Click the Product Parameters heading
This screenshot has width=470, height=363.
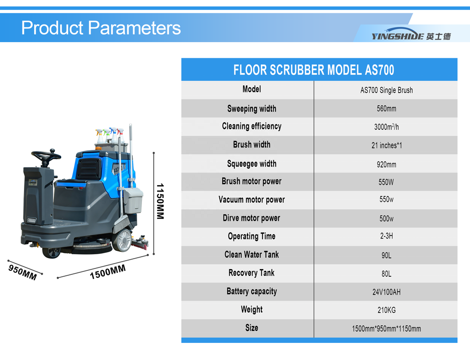point(101,28)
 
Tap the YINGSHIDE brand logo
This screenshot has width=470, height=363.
point(411,34)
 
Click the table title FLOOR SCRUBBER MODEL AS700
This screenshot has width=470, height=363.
point(313,70)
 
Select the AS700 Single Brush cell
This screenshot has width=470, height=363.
point(386,90)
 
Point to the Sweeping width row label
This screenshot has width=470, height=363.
point(252,109)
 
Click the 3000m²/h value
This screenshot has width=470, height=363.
point(386,127)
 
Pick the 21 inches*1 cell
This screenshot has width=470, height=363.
point(387,145)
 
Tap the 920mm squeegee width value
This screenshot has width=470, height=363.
point(386,165)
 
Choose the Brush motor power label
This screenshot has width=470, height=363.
point(252,181)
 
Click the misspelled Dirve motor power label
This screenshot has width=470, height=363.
point(251,218)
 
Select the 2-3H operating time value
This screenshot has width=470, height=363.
point(386,236)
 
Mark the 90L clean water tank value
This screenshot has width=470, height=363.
point(386,255)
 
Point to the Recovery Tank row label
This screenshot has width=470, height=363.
point(251,273)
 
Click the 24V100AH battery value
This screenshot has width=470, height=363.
point(386,292)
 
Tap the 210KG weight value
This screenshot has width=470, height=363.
point(386,310)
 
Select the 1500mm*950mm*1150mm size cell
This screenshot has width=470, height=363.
point(386,329)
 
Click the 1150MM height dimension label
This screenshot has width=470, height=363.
point(161,201)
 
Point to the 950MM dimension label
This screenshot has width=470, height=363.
point(23,272)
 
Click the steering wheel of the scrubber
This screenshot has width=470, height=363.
point(46,156)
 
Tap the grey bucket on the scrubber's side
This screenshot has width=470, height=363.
point(134,200)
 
